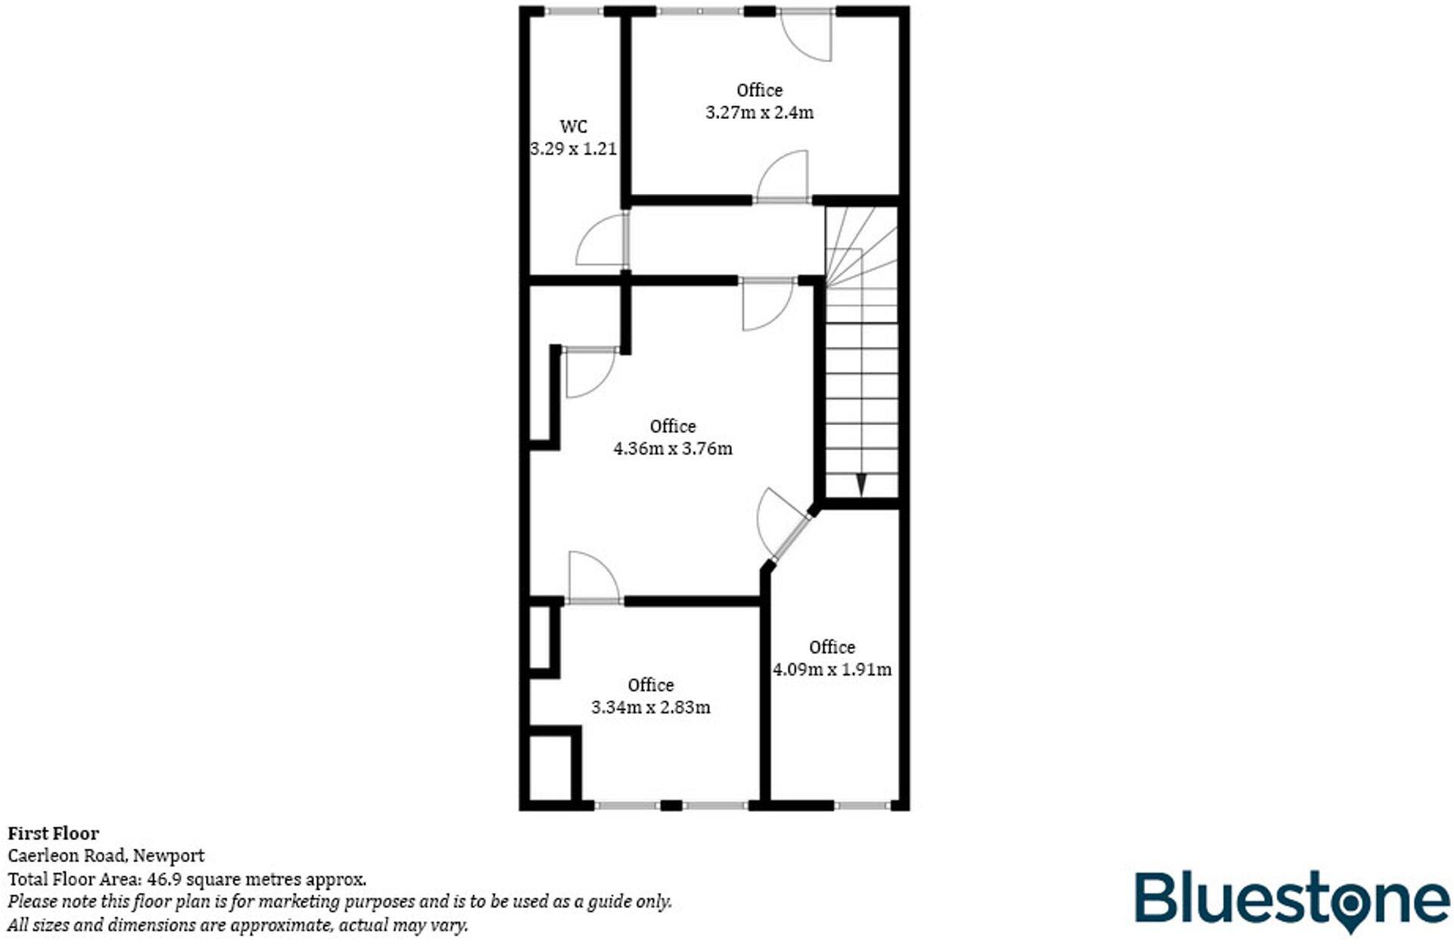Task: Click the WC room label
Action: pyautogui.click(x=573, y=126)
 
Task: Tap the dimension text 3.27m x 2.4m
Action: pyautogui.click(x=759, y=113)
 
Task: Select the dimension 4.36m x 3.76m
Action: pyautogui.click(x=672, y=448)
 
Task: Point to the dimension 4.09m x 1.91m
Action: pyautogui.click(x=831, y=670)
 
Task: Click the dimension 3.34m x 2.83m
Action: pyautogui.click(x=650, y=707)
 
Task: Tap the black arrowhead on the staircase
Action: pyautogui.click(x=861, y=485)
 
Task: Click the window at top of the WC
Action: pyautogui.click(x=574, y=11)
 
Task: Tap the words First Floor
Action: pyautogui.click(x=53, y=833)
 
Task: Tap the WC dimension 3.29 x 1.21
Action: pyautogui.click(x=573, y=149)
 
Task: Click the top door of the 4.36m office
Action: pyautogui.click(x=767, y=303)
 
